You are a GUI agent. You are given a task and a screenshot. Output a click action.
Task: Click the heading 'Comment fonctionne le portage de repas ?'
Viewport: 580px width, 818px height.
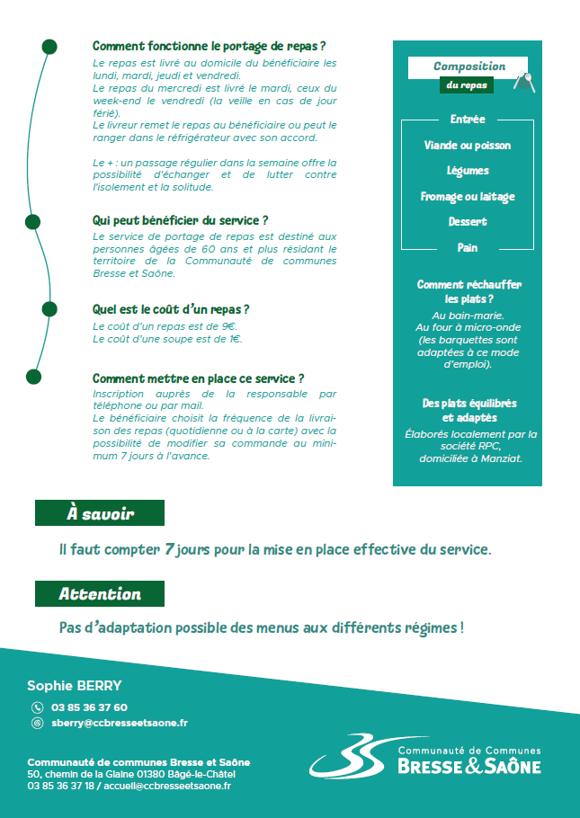point(209,46)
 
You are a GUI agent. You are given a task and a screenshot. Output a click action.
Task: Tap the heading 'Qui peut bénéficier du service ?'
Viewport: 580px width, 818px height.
point(181,220)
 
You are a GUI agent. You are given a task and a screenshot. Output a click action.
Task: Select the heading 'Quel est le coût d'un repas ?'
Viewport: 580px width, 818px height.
point(171,309)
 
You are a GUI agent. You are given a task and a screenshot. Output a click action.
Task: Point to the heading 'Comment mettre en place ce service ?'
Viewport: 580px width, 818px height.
point(198,378)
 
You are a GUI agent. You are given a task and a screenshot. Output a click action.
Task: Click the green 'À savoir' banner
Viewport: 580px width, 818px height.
point(100,513)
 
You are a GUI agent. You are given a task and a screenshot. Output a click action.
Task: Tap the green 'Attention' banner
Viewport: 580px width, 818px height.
point(100,594)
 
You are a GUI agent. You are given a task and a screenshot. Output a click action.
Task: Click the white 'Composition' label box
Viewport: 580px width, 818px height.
point(468,67)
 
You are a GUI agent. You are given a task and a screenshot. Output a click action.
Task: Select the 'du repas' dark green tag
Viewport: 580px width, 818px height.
point(466,85)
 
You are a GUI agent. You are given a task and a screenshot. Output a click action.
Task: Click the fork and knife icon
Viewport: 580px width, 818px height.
point(523,82)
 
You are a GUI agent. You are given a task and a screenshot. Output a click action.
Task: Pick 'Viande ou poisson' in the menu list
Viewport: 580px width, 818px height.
point(468,145)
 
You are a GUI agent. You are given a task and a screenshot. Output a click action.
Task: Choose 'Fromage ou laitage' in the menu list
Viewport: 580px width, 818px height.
point(468,196)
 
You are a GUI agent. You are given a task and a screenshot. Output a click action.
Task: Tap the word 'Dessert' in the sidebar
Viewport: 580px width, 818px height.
point(468,221)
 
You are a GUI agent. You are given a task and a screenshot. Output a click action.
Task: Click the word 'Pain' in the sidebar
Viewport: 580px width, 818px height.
point(468,247)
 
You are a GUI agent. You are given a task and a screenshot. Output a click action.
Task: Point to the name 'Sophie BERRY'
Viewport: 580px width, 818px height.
point(75,685)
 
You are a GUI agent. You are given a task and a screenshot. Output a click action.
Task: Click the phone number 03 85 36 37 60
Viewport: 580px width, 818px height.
point(89,707)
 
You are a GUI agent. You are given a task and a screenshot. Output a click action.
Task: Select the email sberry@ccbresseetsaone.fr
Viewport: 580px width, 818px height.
point(120,723)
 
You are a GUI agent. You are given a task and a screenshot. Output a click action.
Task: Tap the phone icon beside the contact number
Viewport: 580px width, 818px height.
point(37,707)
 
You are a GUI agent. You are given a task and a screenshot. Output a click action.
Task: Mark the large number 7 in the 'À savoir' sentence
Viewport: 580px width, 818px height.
point(169,548)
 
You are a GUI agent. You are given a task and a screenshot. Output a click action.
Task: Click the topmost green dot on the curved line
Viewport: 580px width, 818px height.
point(49,46)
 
